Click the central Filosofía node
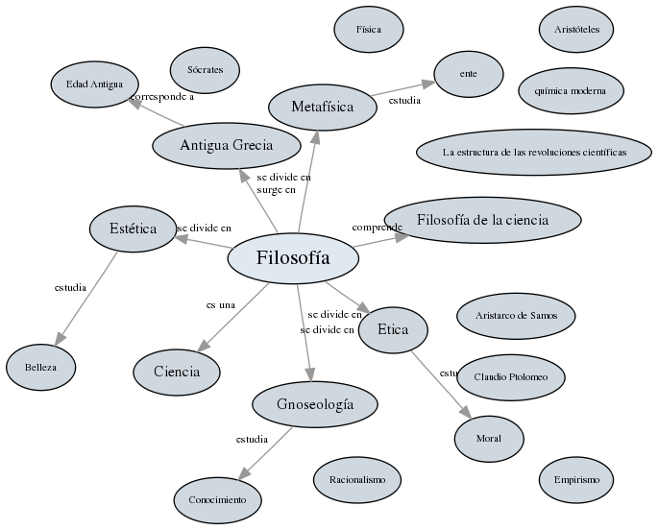click(293, 258)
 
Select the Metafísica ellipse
click(323, 108)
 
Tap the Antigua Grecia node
click(227, 146)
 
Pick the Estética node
click(133, 229)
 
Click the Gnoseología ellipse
click(315, 404)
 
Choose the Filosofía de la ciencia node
click(482, 220)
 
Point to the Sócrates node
click(206, 70)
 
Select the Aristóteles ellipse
click(576, 30)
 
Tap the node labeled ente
click(469, 74)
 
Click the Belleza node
click(40, 368)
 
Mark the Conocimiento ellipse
click(218, 500)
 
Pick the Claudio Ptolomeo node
click(511, 377)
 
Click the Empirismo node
click(576, 480)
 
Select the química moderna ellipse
click(571, 91)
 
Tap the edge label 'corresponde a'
click(162, 97)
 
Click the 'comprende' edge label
click(378, 228)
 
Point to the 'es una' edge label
click(221, 305)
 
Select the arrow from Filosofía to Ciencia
click(232, 318)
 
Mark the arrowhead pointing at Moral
click(467, 412)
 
